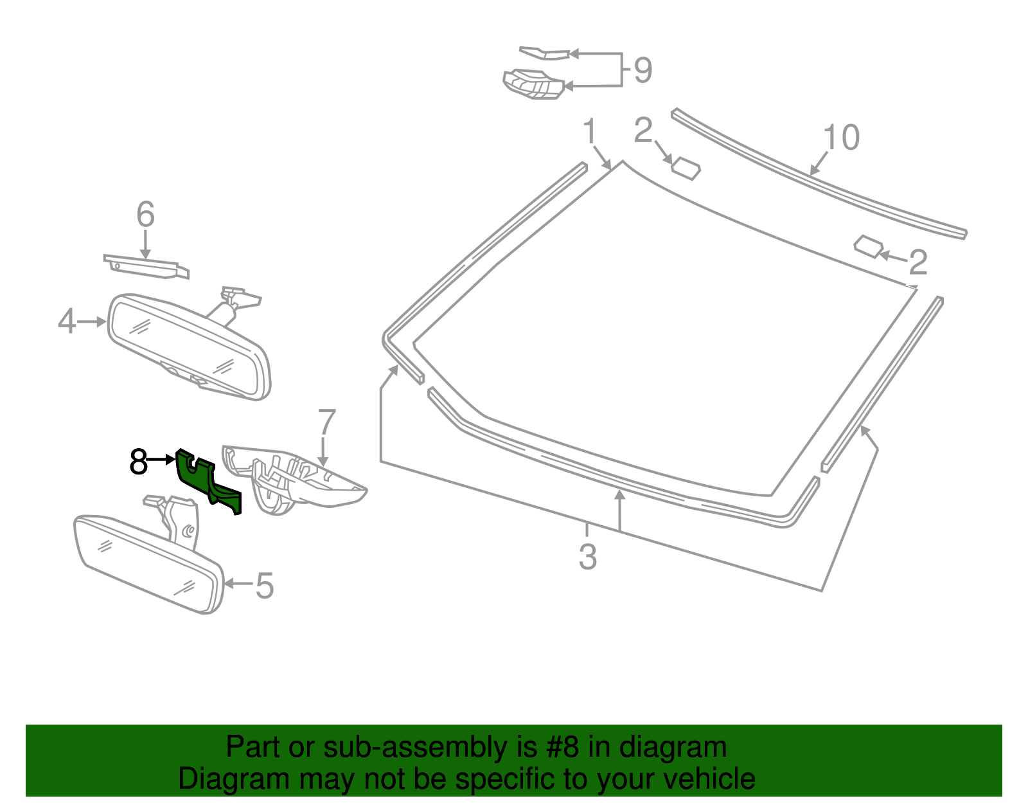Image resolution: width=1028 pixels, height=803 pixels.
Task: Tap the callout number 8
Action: [138, 462]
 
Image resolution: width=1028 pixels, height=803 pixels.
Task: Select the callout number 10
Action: [841, 138]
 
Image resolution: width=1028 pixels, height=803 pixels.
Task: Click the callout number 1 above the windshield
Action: [590, 132]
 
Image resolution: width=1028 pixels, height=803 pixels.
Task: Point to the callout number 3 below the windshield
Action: [588, 557]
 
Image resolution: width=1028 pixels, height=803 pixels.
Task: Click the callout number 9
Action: [642, 70]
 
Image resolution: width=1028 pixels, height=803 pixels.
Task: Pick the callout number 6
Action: [146, 214]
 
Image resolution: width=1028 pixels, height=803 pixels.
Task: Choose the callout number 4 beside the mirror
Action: [67, 321]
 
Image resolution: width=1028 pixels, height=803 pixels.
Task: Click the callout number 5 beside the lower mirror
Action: [265, 586]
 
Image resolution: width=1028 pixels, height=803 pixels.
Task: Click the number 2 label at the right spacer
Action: [918, 262]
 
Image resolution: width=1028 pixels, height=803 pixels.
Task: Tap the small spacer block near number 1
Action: [686, 168]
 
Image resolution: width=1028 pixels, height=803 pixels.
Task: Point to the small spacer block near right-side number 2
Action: [868, 247]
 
